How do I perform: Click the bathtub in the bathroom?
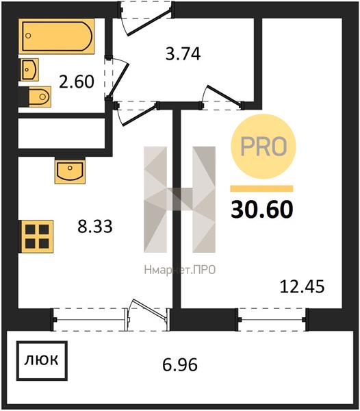56,36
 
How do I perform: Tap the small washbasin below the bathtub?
29,69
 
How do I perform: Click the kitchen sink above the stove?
70,171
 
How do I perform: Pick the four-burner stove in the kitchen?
37,236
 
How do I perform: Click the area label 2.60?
77,82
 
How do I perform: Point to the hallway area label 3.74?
183,53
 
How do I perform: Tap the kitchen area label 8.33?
95,226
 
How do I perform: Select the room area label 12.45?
302,286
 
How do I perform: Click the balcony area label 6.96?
180,364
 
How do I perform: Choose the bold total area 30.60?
262,209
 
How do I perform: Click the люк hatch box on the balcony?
42,361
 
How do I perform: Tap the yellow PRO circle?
263,147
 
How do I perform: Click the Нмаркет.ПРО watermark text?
180,270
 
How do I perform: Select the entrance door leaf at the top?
149,22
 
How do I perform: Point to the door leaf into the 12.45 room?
224,96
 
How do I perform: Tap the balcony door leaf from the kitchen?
150,309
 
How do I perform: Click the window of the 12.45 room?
272,319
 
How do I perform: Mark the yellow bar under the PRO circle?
261,189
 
